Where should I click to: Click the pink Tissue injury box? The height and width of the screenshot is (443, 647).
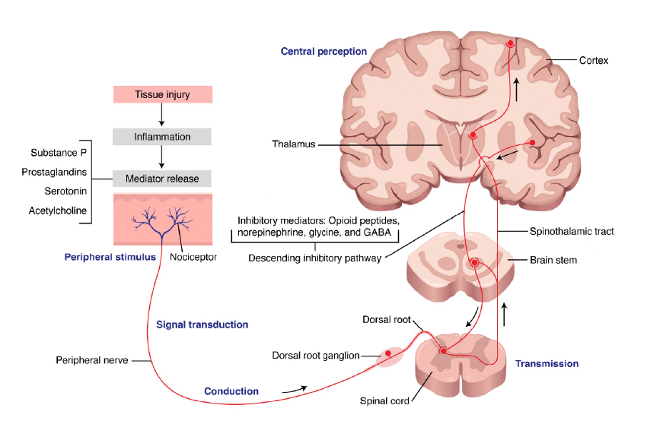(162, 95)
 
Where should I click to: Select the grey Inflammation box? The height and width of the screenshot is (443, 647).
(162, 137)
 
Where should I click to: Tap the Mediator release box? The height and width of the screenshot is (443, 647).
(162, 179)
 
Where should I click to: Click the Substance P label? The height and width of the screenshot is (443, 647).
(59, 153)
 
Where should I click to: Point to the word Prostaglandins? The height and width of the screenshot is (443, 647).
(54, 172)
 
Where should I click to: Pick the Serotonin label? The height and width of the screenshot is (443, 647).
(65, 191)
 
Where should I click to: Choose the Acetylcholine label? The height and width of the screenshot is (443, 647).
(58, 211)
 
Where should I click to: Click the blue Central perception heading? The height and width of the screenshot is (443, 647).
(323, 52)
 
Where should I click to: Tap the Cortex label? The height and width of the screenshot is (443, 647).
(593, 61)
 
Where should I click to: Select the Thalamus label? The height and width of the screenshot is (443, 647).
(294, 144)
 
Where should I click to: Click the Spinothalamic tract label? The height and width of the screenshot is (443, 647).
(572, 231)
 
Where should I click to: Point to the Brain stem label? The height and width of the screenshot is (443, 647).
(553, 260)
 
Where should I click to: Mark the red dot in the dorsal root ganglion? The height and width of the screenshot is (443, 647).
(388, 353)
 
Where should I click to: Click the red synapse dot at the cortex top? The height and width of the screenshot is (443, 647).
(511, 43)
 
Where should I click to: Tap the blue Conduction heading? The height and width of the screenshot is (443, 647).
(231, 391)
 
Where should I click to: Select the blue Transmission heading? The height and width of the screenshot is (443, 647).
(547, 364)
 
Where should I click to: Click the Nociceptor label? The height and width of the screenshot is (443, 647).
(193, 257)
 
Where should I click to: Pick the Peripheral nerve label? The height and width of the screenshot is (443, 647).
(92, 361)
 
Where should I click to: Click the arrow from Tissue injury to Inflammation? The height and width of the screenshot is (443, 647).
(162, 115)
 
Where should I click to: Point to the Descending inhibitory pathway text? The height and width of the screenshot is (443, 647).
(315, 258)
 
